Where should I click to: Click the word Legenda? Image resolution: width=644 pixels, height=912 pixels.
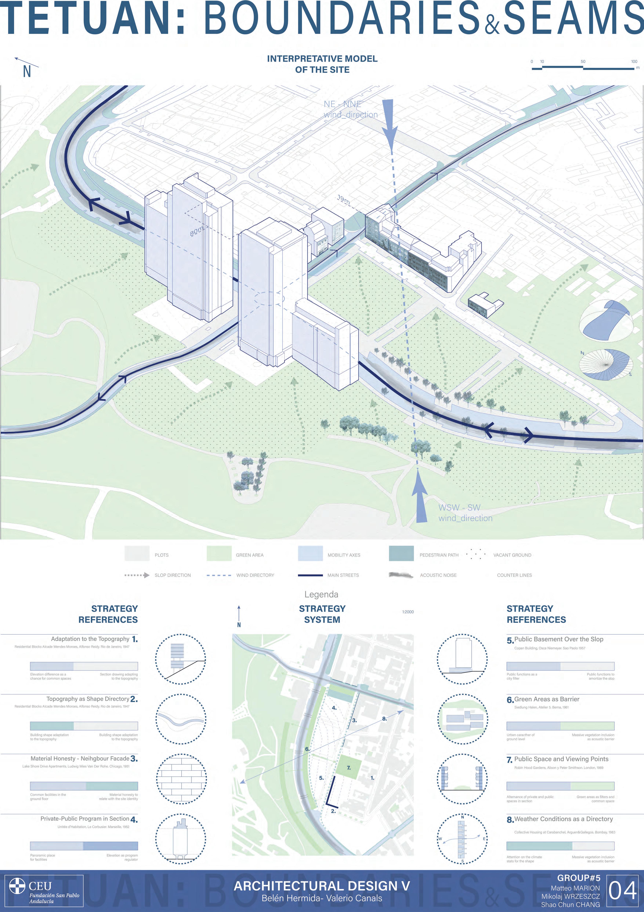pos(321,595)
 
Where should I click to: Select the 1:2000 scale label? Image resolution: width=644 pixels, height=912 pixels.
pos(408,612)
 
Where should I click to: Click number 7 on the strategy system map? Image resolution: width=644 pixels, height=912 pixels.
pos(349,768)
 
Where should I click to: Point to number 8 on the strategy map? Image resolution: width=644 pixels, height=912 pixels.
pos(384,718)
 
